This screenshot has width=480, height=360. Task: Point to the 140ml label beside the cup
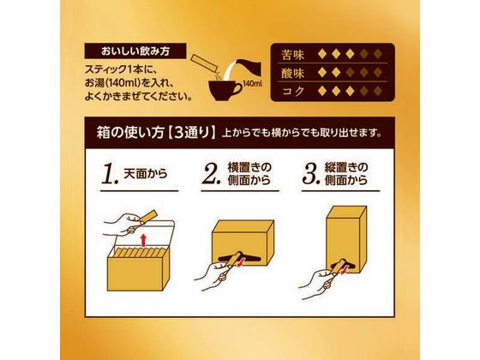250,85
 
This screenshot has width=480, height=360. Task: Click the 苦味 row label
292,57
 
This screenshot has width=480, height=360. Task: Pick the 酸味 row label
292,73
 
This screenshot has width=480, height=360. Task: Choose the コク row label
292,90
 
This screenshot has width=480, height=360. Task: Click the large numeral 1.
108,177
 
